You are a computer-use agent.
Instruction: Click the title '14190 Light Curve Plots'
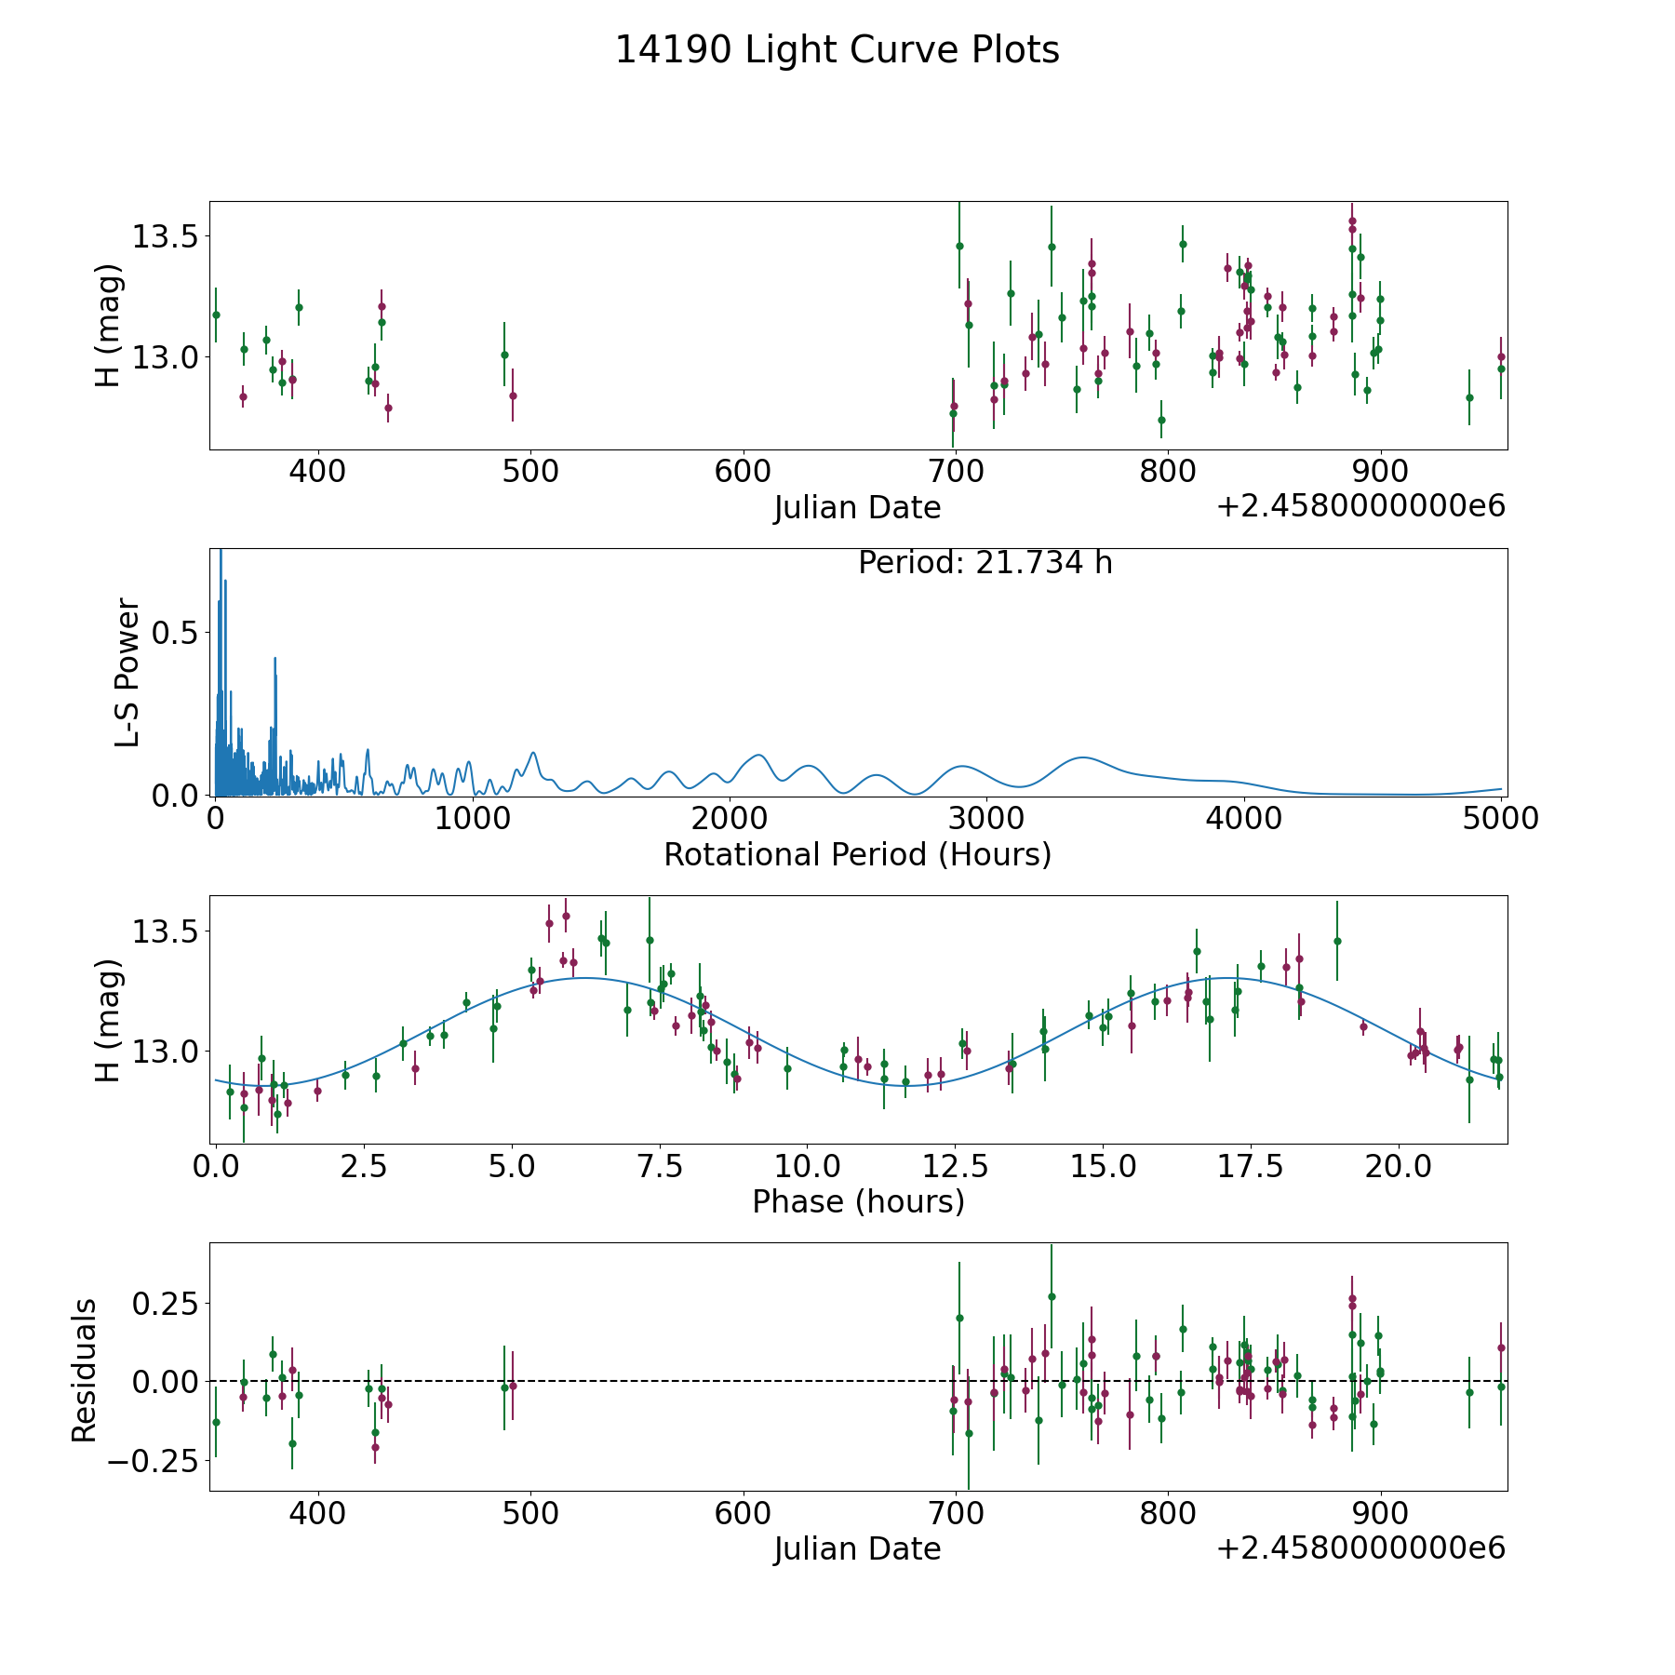tap(837, 50)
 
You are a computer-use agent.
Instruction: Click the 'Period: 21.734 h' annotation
tap(985, 563)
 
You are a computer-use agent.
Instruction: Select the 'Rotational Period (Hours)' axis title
tap(857, 854)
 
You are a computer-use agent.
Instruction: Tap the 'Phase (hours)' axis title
tap(857, 1201)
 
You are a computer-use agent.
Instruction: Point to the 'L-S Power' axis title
tap(127, 672)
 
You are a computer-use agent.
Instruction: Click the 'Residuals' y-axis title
tap(85, 1370)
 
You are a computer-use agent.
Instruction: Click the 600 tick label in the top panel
tap(743, 472)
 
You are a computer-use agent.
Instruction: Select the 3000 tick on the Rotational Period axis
tap(985, 819)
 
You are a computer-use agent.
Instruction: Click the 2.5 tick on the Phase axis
tap(363, 1166)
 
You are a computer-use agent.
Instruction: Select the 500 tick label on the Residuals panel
tap(530, 1513)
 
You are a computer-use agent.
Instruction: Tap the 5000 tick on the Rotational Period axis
tap(1499, 819)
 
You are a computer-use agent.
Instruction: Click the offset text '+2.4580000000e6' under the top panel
tap(1360, 506)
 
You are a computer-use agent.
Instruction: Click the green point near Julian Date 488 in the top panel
tap(504, 355)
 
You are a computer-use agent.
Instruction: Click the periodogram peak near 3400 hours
tap(1082, 757)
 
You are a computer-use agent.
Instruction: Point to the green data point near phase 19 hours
tap(1337, 941)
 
